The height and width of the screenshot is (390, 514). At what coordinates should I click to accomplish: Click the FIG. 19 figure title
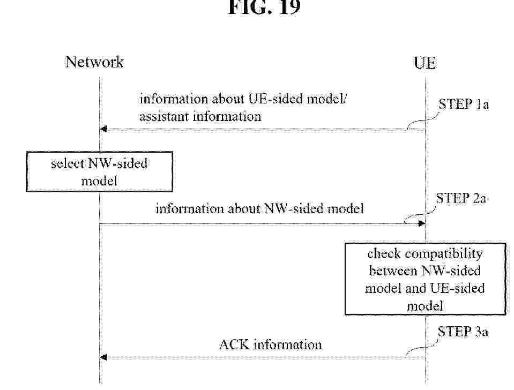264,7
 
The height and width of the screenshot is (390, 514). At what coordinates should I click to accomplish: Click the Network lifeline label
95,62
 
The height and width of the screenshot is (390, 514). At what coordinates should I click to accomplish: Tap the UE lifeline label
425,63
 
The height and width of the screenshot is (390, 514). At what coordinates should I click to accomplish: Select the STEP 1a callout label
464,104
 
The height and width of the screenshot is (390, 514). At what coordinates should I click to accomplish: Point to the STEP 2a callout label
461,198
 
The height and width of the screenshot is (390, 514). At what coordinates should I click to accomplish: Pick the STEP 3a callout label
463,332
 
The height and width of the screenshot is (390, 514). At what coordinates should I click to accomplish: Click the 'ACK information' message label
270,345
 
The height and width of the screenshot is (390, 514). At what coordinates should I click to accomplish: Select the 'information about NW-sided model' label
259,208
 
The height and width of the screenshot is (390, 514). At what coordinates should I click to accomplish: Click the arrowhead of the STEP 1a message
103,129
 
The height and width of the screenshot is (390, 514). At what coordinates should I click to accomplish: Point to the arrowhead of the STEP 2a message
422,223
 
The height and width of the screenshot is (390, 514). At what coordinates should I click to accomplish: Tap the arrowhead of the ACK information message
103,357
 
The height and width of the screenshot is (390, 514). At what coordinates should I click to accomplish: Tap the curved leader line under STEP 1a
423,121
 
